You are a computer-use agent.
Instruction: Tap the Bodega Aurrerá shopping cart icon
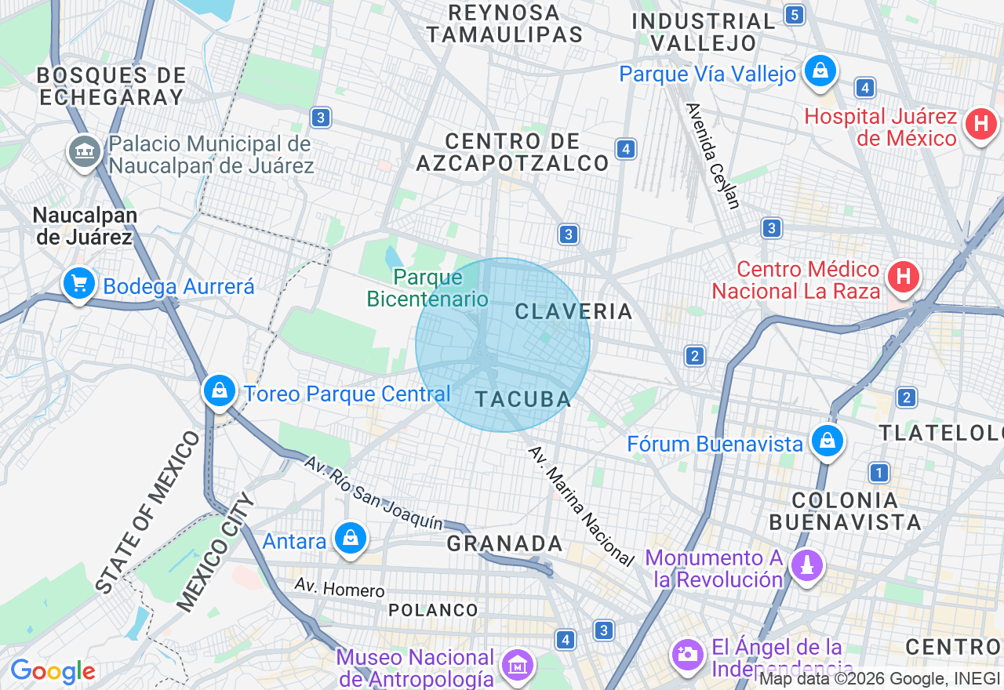(x=79, y=283)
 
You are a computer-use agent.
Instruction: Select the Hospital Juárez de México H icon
(x=980, y=124)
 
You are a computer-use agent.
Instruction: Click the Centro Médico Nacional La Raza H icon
(x=903, y=277)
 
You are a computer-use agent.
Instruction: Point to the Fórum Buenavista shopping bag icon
(x=827, y=441)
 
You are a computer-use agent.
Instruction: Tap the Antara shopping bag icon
(x=351, y=538)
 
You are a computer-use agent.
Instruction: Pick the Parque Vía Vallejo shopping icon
(x=820, y=71)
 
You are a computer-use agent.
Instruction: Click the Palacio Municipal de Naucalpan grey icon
(x=84, y=150)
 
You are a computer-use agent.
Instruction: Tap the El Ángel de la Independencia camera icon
(x=688, y=653)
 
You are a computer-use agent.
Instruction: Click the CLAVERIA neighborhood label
(x=573, y=311)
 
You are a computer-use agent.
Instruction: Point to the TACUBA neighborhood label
(x=523, y=399)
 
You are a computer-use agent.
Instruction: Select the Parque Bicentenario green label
(x=428, y=288)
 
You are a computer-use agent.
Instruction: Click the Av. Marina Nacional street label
(x=580, y=505)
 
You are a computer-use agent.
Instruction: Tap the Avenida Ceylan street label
(x=713, y=156)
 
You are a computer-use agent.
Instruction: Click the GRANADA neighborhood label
(x=505, y=543)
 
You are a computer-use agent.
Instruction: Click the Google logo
(x=53, y=671)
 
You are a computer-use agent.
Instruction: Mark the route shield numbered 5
(x=795, y=14)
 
